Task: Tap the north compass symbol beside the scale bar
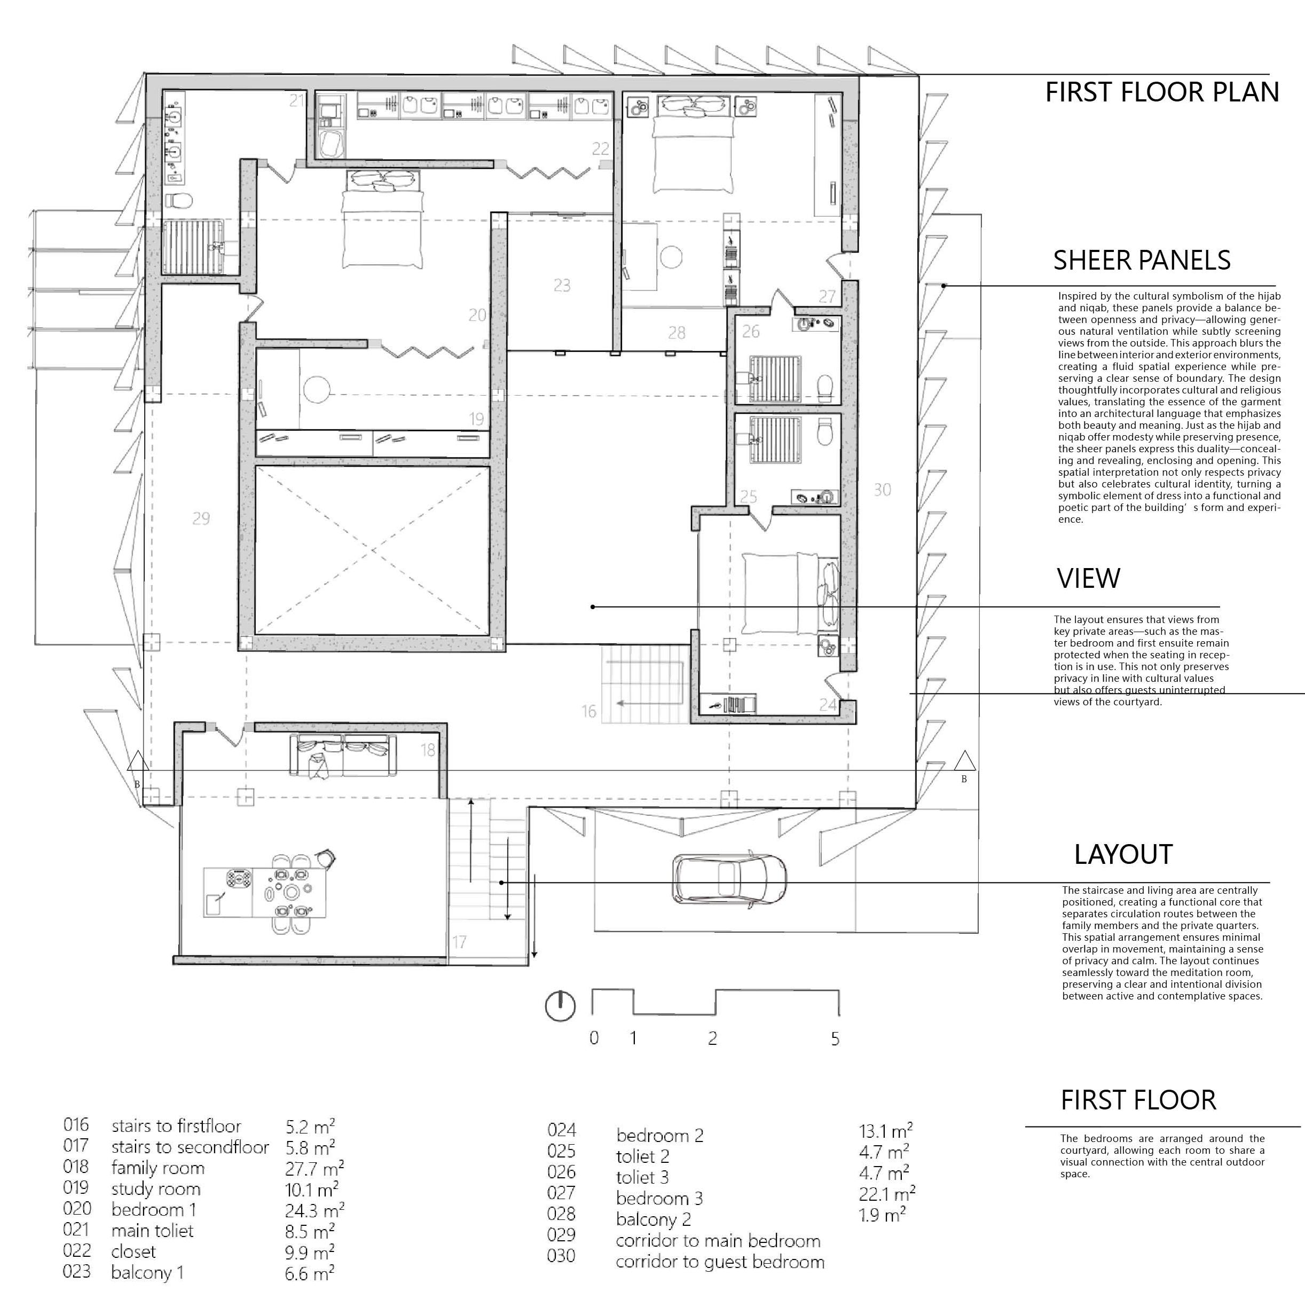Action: [x=560, y=1005]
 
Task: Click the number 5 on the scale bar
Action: [x=835, y=1038]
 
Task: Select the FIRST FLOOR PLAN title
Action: [x=1161, y=92]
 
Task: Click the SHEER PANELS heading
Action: [x=1142, y=261]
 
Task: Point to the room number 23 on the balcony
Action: [x=562, y=285]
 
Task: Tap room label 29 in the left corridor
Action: [x=201, y=518]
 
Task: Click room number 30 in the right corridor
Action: [x=882, y=490]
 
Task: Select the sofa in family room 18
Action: [x=344, y=755]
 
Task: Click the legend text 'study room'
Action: [x=156, y=1190]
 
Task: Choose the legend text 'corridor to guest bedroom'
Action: [x=720, y=1263]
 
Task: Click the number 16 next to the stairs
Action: [x=589, y=712]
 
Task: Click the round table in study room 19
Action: [x=317, y=390]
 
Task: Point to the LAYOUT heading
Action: [x=1123, y=855]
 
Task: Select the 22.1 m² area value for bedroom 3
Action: [x=886, y=1194]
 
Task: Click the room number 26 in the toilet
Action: [x=751, y=332]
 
